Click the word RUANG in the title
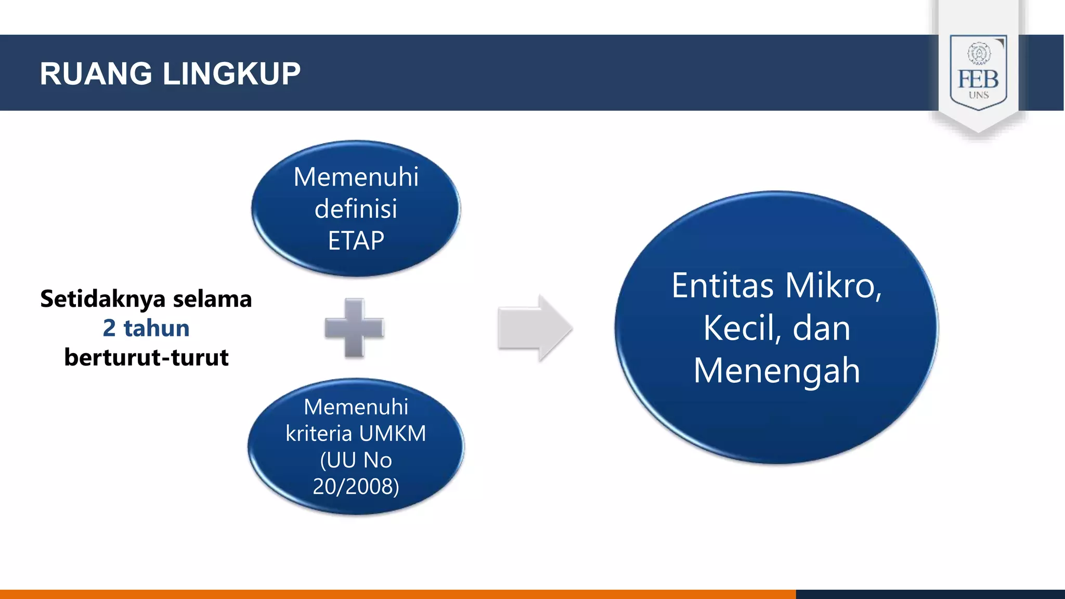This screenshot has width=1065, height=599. tap(96, 74)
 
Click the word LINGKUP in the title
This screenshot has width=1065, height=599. tap(231, 74)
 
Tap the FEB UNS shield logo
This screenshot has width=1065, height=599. tap(978, 73)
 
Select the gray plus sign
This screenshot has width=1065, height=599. tap(354, 328)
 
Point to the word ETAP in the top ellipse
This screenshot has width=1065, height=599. tap(356, 241)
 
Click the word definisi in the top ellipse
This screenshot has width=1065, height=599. tap(356, 209)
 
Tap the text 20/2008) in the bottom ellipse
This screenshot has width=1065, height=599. tap(356, 487)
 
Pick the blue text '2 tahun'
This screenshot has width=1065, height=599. tap(146, 328)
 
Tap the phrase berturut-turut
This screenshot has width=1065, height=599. tap(146, 358)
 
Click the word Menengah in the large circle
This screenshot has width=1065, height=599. tap(777, 371)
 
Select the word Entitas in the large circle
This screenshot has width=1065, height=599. tap(723, 286)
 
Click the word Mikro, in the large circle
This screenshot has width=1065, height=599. tap(834, 286)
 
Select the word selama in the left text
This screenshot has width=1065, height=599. tap(212, 299)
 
